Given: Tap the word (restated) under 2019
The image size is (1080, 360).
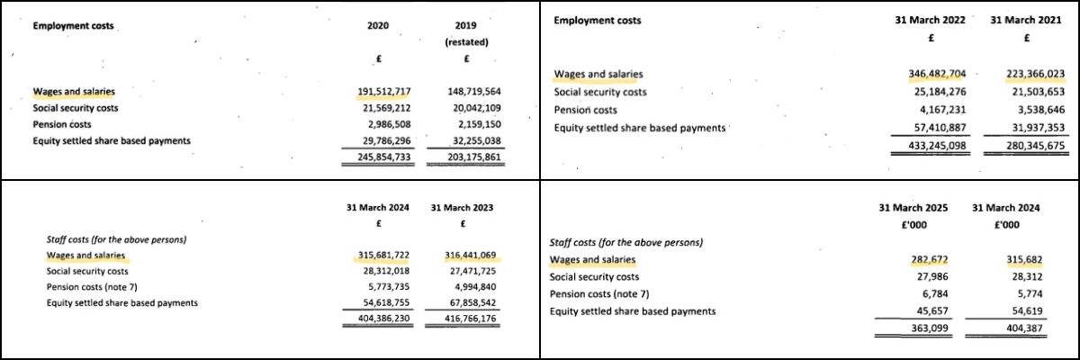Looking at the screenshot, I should (x=465, y=42).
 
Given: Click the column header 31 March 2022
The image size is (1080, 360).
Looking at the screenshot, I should (x=930, y=21).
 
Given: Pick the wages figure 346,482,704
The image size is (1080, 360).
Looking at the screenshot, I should (x=930, y=75).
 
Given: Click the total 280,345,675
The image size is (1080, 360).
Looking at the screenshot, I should (x=1027, y=146).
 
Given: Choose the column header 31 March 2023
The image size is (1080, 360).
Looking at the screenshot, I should (x=462, y=207).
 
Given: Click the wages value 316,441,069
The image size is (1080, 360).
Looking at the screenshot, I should (x=472, y=256).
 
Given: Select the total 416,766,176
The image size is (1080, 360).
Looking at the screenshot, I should (x=472, y=319).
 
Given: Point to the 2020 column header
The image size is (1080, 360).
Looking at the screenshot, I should (x=378, y=27).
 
